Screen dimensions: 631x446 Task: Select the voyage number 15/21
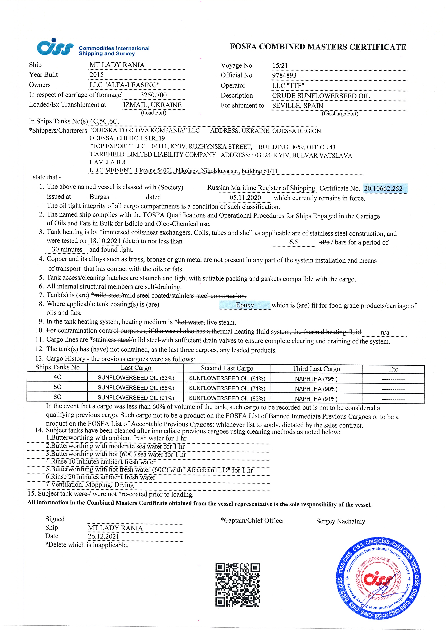[280, 66]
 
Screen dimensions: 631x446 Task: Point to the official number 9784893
[284, 76]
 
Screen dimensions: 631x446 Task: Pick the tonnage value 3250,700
[153, 95]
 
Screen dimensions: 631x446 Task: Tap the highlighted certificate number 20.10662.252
[383, 189]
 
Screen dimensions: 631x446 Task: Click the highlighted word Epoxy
[245, 305]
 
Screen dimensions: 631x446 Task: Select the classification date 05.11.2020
[245, 198]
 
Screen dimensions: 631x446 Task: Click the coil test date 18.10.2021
[105, 241]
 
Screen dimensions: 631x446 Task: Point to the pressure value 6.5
[293, 242]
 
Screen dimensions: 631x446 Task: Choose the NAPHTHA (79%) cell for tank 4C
[316, 379]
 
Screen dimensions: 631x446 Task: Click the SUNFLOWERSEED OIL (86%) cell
[136, 388]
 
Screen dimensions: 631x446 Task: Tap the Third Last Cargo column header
[316, 369]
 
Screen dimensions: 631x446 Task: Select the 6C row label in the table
[57, 397]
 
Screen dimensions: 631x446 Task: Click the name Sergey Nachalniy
[340, 521]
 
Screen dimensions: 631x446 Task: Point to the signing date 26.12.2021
[103, 536]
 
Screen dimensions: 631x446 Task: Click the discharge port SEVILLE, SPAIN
[298, 106]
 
